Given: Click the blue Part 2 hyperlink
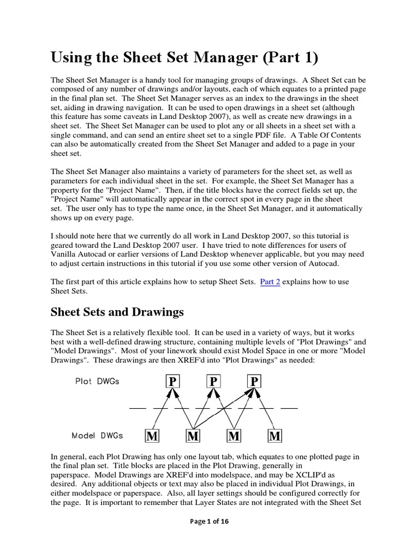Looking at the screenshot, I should [x=270, y=282].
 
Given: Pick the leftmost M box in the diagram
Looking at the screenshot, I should [x=152, y=436].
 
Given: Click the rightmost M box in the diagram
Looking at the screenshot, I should [x=275, y=436].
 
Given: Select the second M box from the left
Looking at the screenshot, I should [x=193, y=436].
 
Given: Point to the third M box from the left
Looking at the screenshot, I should [x=234, y=436].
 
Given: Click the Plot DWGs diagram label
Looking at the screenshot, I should [x=97, y=382].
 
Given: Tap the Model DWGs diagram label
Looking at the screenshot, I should [x=97, y=436].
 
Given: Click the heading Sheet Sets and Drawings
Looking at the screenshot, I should [x=117, y=312].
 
